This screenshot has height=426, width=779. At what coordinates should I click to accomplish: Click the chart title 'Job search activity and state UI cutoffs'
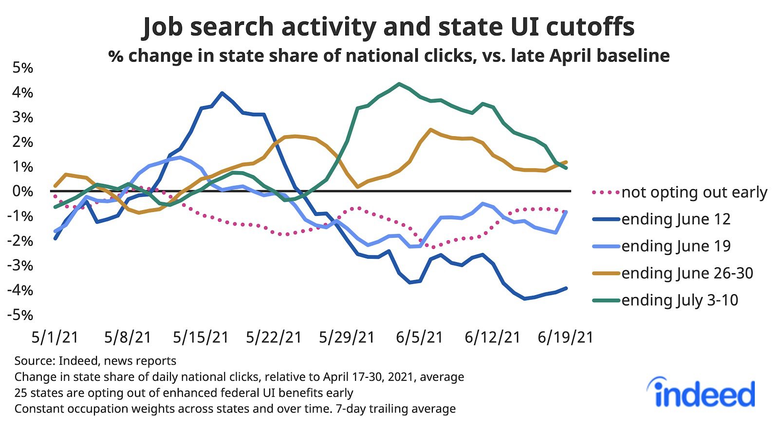(388, 27)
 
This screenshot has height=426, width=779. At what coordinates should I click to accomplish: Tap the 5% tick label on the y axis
(22, 68)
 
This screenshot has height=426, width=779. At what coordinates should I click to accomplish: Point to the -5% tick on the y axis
(20, 315)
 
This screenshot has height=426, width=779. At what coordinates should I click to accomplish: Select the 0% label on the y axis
(22, 191)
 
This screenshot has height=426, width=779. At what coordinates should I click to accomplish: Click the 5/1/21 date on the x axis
(55, 337)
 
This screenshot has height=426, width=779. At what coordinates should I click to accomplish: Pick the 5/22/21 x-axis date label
(274, 337)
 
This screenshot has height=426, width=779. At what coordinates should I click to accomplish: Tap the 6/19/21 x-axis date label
(565, 337)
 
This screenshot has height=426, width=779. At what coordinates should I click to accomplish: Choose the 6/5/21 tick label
(419, 337)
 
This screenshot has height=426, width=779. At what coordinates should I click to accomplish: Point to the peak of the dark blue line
(222, 93)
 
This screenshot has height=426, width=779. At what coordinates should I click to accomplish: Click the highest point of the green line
(399, 84)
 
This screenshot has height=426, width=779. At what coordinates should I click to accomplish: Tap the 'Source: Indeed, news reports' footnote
(95, 361)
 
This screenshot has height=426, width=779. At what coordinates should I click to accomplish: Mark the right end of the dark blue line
(566, 288)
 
